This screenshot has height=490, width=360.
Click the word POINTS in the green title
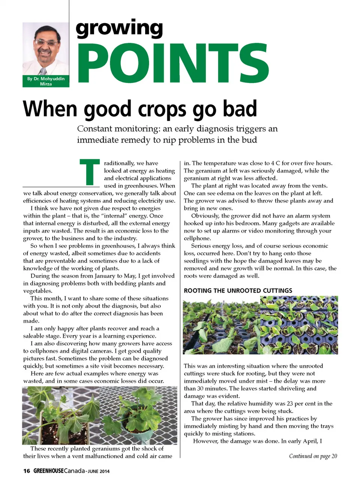coord(172,64)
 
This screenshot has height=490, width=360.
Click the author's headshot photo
coord(46,49)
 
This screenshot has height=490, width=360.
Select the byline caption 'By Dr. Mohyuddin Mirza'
coord(46,81)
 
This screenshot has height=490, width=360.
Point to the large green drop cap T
coord(90,172)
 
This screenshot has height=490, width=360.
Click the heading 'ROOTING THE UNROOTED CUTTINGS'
coord(238,291)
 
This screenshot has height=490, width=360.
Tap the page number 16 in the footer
coord(27,471)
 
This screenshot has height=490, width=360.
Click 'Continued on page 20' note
coord(313,456)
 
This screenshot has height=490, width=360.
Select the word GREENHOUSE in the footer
coord(48,471)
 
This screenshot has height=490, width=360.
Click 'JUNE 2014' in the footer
coord(99,471)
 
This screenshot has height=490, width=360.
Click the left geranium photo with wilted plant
coord(60,415)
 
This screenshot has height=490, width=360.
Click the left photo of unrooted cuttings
coord(221,325)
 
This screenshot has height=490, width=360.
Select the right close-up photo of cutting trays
coord(299,325)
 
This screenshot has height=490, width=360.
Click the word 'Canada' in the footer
coord(74,471)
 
